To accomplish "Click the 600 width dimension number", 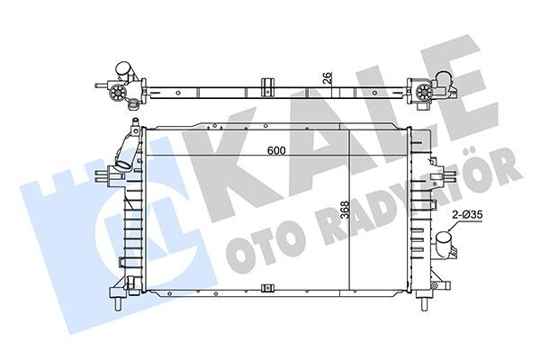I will (276, 151).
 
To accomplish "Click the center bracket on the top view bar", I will (267, 87).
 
